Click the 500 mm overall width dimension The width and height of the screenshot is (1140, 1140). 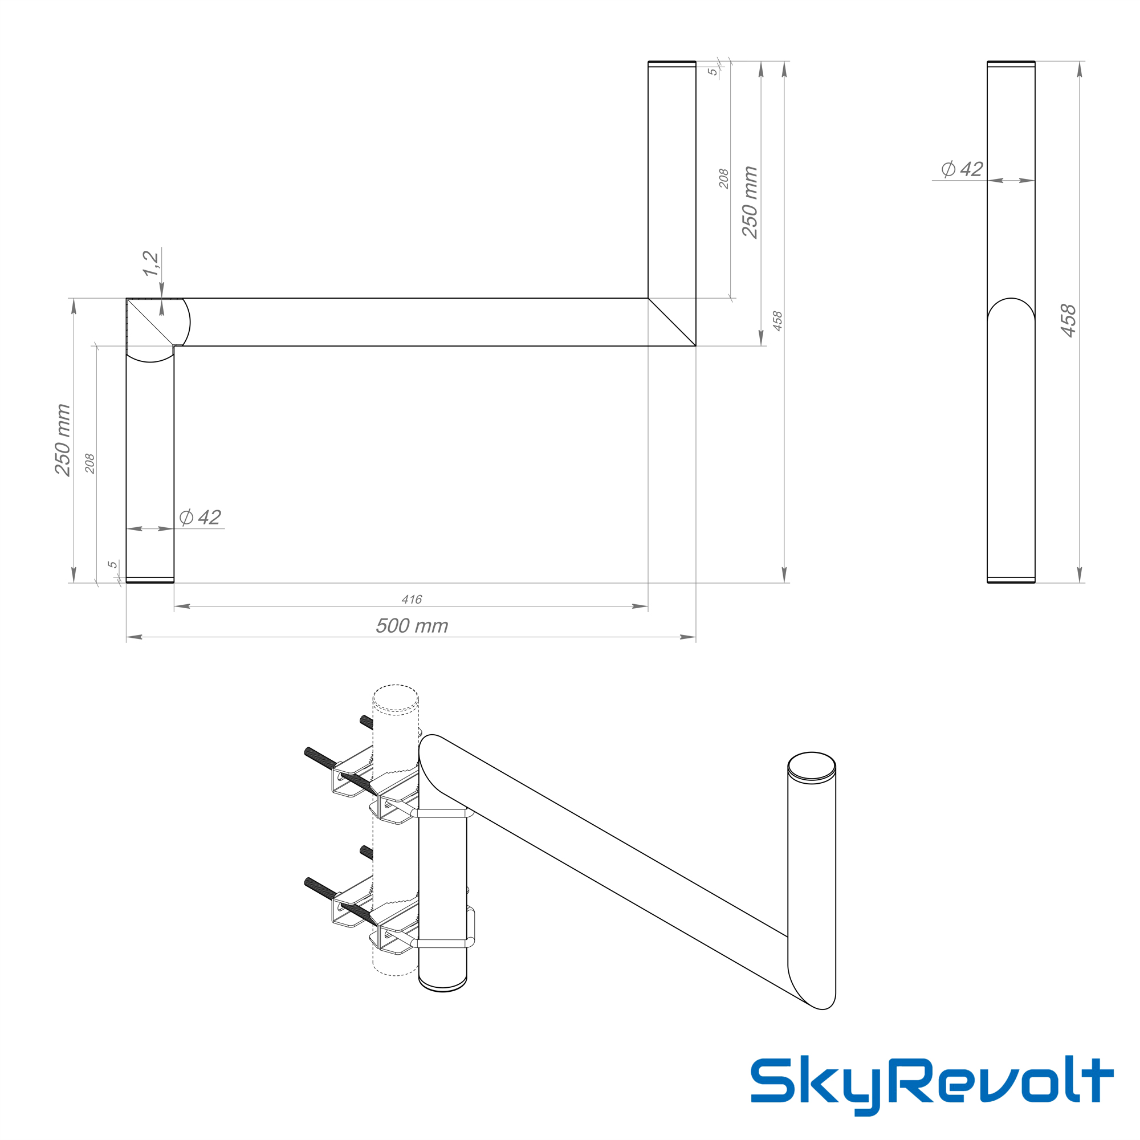(412, 626)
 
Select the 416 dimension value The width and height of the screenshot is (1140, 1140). (412, 600)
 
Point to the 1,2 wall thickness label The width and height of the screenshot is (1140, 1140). (150, 263)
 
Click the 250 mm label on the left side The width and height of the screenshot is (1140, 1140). (63, 440)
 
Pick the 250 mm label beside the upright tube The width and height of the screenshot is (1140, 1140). (750, 202)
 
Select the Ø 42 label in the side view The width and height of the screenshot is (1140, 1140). (962, 169)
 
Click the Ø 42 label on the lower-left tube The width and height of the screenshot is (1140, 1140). (199, 518)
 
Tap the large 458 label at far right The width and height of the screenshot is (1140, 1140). (1068, 321)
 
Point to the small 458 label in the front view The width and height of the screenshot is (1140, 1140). (777, 321)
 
